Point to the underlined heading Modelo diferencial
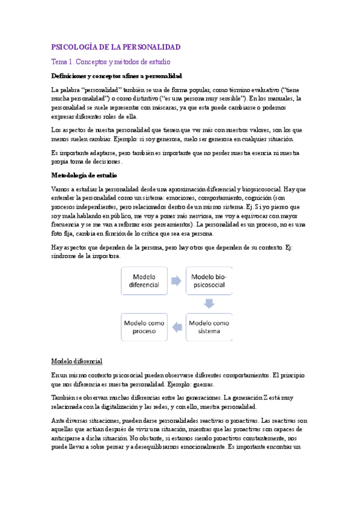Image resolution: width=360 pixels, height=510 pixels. (76, 361)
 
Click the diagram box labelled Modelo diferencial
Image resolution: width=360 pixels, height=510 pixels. (144, 280)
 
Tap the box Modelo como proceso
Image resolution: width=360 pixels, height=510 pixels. (144, 327)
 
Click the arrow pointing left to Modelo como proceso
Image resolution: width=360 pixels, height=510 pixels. (177, 327)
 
